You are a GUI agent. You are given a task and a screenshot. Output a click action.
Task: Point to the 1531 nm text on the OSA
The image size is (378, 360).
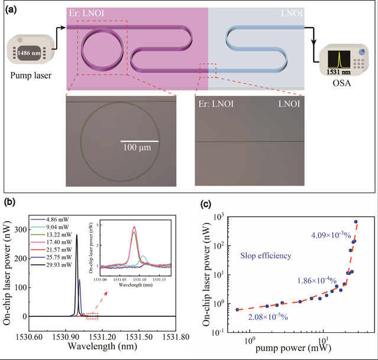335,72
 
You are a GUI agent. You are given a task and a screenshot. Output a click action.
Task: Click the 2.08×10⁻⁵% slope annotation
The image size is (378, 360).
277,317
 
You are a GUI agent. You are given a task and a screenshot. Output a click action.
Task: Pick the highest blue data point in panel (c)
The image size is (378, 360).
356,222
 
